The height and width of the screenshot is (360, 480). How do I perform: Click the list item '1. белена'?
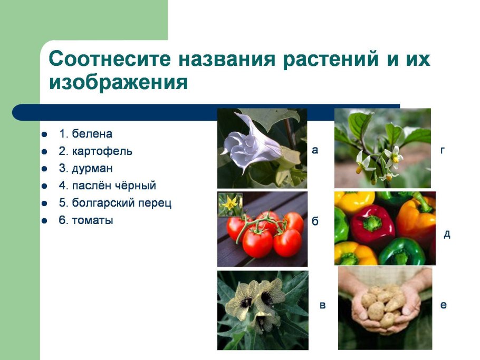(x=85, y=134)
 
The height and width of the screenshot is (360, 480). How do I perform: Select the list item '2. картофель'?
(x=95, y=151)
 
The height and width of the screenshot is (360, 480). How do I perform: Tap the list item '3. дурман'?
(x=85, y=169)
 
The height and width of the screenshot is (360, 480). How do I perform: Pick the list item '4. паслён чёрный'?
(x=107, y=186)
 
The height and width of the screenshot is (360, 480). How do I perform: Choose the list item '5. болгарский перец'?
(x=115, y=203)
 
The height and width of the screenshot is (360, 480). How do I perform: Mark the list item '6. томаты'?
(x=85, y=220)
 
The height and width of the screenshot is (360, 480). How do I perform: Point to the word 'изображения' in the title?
(x=119, y=82)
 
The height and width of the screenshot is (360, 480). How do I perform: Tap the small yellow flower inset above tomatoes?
(x=231, y=203)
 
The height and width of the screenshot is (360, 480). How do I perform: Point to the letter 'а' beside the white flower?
(x=315, y=150)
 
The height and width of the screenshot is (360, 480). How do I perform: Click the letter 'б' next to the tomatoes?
(x=315, y=221)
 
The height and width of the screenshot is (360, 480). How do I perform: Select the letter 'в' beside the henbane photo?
(x=322, y=306)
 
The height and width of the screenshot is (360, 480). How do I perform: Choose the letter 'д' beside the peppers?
(x=446, y=233)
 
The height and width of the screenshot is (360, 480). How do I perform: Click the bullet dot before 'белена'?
(x=45, y=134)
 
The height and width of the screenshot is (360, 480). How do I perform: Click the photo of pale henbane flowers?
(x=263, y=309)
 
